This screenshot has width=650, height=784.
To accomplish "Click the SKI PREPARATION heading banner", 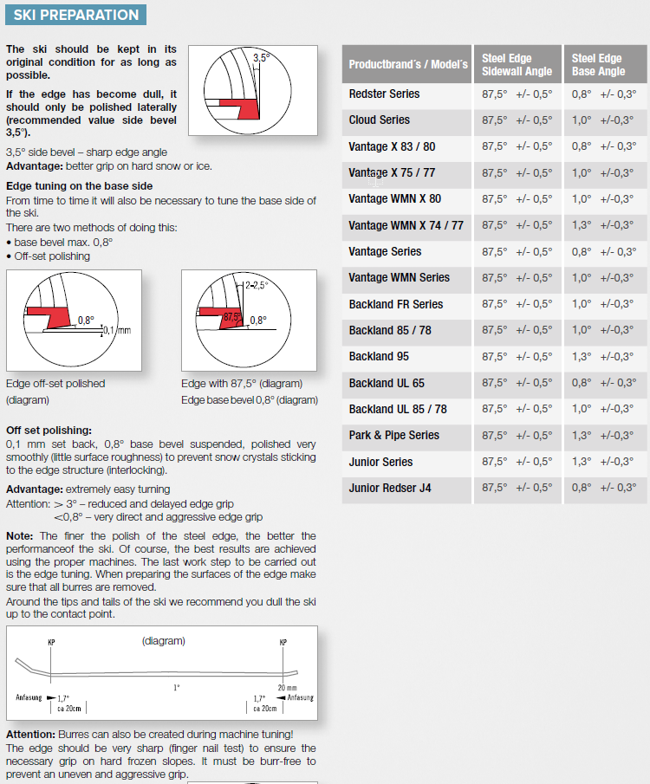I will click(76, 15).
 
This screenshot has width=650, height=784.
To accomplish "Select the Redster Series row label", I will click(384, 94).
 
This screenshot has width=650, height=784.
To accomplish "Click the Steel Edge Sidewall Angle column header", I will click(517, 65).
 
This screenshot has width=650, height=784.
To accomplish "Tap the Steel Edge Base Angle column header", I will click(598, 65).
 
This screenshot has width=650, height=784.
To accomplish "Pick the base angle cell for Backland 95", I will click(604, 357).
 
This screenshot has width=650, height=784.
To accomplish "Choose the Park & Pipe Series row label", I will click(393, 435).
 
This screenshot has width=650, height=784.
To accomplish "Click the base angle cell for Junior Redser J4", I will click(604, 488).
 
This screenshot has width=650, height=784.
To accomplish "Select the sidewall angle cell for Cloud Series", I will click(517, 120).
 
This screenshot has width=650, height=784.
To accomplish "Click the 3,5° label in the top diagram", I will click(261, 57).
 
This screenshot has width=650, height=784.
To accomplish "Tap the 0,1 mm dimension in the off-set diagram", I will click(116, 330).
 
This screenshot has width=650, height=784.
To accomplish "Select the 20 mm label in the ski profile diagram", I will click(286, 688).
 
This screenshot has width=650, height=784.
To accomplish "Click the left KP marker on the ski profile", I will click(51, 643).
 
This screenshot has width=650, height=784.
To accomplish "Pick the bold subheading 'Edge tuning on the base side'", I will click(79, 185).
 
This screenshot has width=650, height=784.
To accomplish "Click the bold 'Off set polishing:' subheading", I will click(49, 431).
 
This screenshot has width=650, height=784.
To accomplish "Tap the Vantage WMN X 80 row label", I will click(394, 199).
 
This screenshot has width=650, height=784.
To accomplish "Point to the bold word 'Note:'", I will click(19, 536).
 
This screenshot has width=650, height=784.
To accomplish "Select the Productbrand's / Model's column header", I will click(407, 65).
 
